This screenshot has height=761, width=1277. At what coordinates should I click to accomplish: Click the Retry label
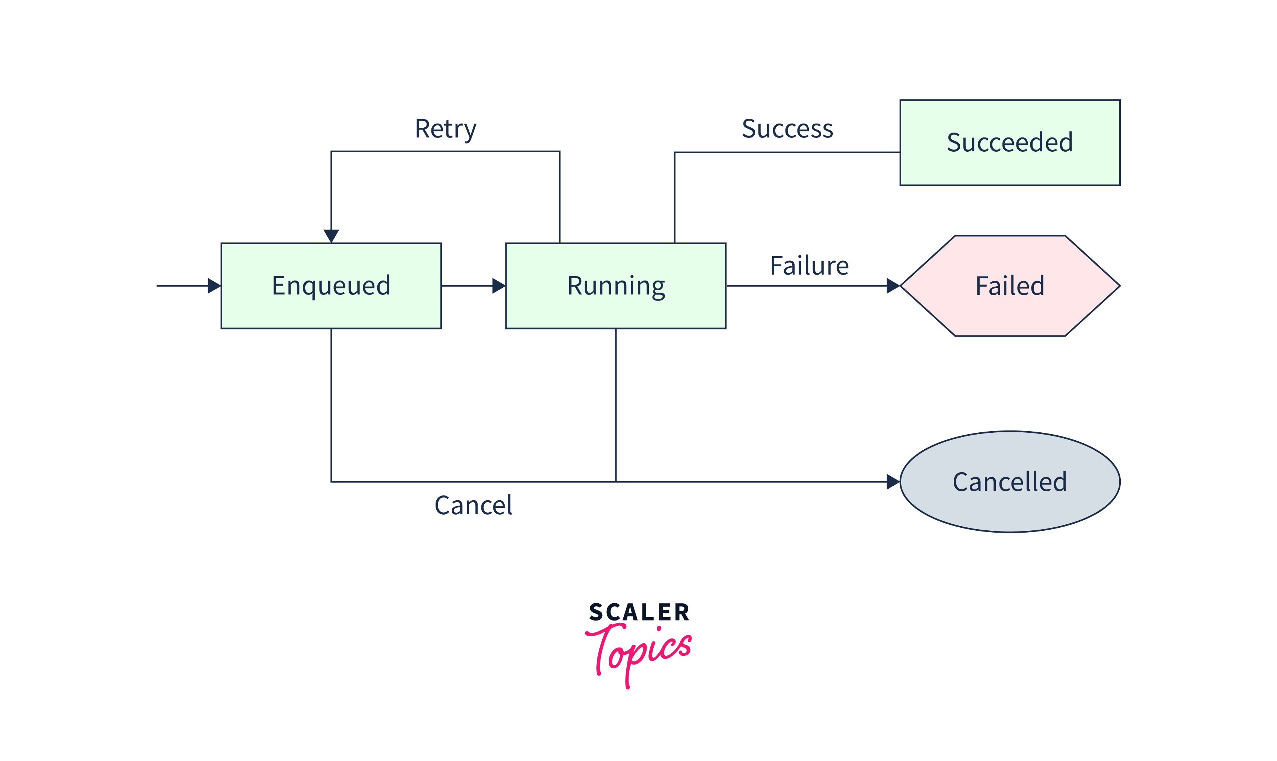[x=445, y=129]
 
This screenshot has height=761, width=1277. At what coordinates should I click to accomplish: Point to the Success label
[x=787, y=129]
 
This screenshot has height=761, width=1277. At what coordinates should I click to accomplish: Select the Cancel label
[x=473, y=505]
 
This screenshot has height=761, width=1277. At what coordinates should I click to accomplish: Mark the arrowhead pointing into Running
[x=498, y=285]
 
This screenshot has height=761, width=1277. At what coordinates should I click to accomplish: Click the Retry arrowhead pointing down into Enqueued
[x=331, y=236]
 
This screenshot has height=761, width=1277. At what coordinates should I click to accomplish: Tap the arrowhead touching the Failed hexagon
[x=893, y=285]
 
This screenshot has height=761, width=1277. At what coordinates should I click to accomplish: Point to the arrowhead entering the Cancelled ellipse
[x=893, y=482]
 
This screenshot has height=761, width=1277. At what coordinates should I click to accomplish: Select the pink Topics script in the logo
[x=639, y=651]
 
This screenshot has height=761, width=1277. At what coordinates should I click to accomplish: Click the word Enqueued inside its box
[x=331, y=285]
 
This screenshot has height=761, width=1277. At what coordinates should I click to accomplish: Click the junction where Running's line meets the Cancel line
[x=616, y=482]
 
